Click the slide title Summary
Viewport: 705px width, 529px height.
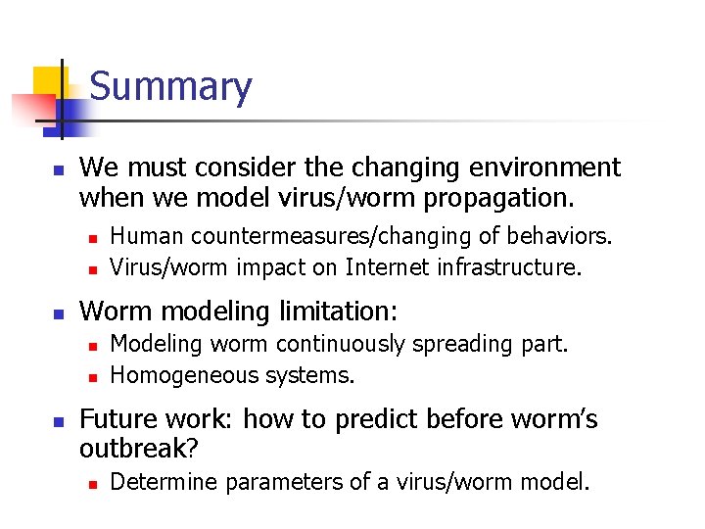(x=170, y=87)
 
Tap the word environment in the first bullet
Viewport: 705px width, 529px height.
(x=530, y=168)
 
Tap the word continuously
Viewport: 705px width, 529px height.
(x=341, y=344)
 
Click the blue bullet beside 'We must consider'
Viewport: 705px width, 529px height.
(x=59, y=169)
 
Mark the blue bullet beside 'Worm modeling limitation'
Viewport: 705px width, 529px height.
(x=59, y=313)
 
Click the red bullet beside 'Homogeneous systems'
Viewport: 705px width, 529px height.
(x=91, y=376)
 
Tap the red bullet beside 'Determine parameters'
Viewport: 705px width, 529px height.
(x=91, y=483)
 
